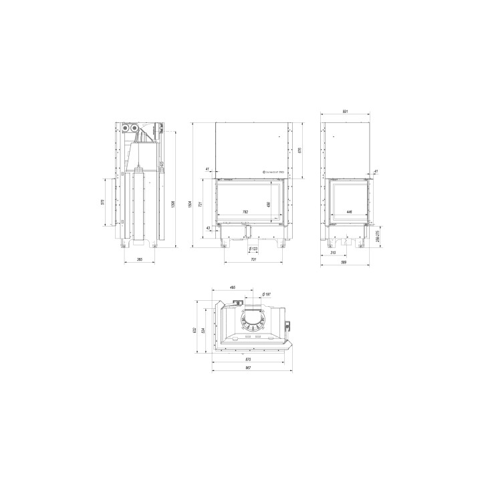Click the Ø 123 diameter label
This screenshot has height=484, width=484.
[253, 249]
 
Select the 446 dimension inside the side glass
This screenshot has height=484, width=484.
[349, 212]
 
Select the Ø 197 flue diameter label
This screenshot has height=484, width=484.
[265, 294]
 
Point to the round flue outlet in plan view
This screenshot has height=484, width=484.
[253, 325]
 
